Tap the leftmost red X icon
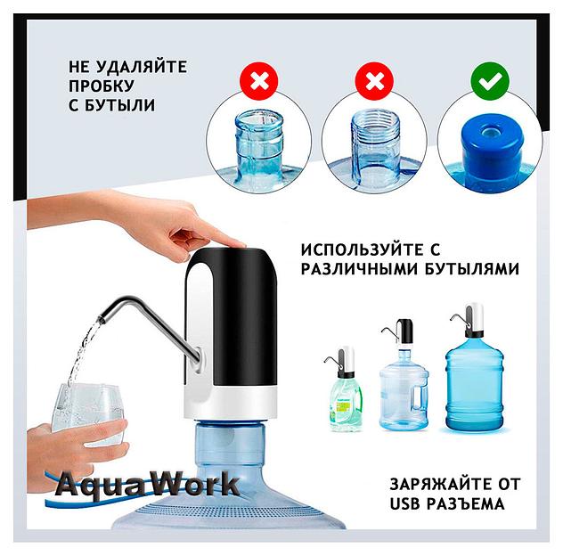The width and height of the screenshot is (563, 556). coord(259,84)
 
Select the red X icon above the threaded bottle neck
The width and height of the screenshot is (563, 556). coord(374,84)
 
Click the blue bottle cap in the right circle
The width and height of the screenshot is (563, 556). coord(491,143)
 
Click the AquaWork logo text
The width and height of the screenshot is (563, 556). coord(147,486)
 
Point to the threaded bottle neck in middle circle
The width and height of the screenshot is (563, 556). coord(374,143)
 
